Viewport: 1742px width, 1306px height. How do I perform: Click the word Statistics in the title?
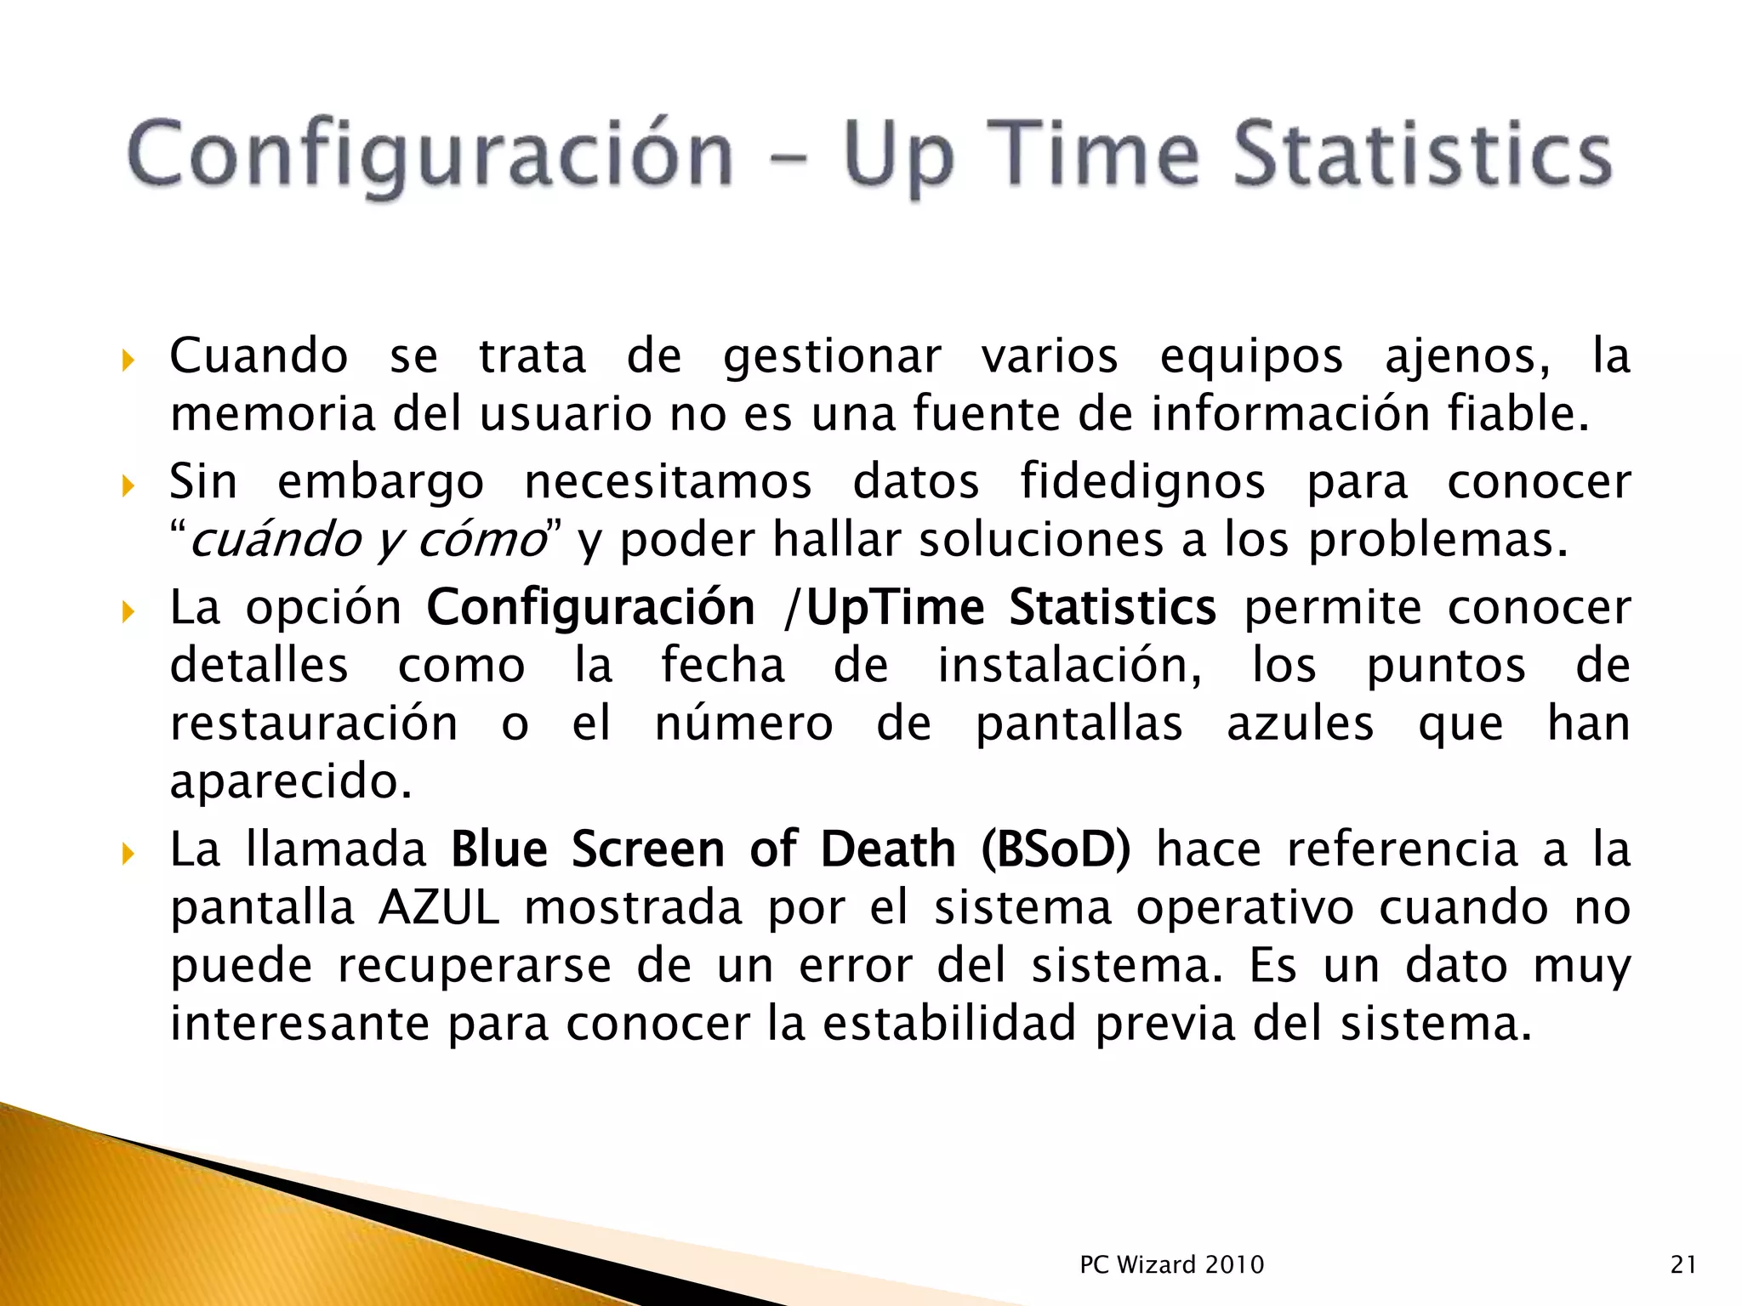pyautogui.click(x=1422, y=154)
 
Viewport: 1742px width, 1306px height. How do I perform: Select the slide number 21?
pyautogui.click(x=1683, y=1264)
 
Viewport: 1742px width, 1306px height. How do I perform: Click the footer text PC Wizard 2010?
pyautogui.click(x=1171, y=1264)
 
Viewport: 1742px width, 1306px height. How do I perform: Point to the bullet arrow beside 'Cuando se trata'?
pyautogui.click(x=128, y=361)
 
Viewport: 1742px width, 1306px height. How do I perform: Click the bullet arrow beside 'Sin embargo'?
pyautogui.click(x=128, y=486)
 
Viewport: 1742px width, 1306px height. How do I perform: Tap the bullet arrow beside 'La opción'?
pyautogui.click(x=128, y=611)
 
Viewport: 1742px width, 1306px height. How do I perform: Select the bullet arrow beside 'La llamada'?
pyautogui.click(x=128, y=853)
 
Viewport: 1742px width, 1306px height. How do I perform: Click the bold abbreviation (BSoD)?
pyautogui.click(x=1056, y=849)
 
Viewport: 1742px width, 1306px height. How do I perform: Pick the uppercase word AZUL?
pyautogui.click(x=439, y=907)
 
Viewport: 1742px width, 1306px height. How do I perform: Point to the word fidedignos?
pyautogui.click(x=1142, y=482)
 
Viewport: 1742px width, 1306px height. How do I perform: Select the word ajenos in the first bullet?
pyautogui.click(x=1466, y=356)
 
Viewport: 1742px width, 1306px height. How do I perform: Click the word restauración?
pyautogui.click(x=314, y=724)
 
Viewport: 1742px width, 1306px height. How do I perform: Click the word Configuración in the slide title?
pyautogui.click(x=430, y=154)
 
